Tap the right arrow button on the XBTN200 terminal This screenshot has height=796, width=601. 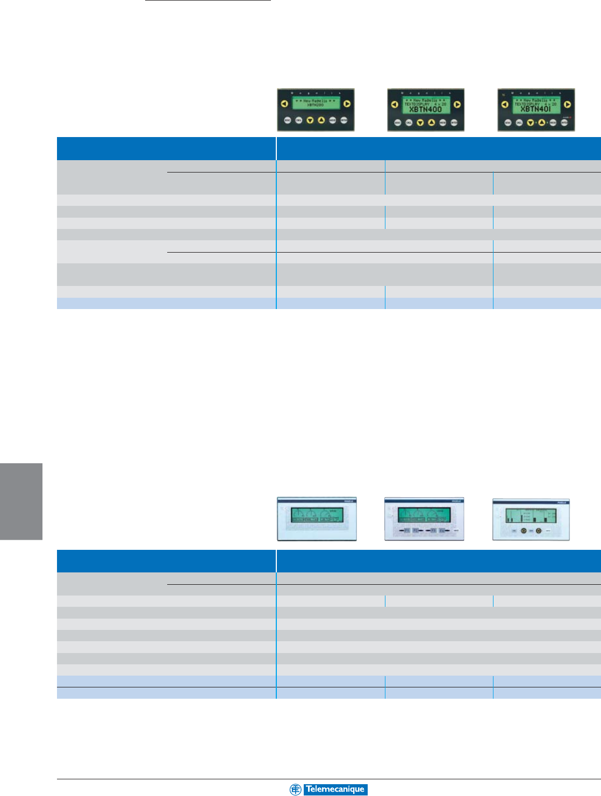click(347, 104)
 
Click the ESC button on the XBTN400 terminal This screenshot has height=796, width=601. click(398, 123)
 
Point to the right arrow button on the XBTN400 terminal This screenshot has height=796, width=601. click(457, 105)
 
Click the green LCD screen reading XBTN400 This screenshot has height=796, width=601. click(426, 105)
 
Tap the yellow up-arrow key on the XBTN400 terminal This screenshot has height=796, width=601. click(431, 123)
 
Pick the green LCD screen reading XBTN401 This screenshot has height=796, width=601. click(535, 105)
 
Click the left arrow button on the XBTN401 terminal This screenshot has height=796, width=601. click(504, 105)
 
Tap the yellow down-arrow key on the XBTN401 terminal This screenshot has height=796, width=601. click(530, 123)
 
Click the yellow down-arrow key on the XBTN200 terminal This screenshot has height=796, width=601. click(310, 120)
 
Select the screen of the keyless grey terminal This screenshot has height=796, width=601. click(316, 515)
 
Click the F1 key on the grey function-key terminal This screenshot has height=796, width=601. click(407, 530)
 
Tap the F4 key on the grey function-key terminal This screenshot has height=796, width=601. click(441, 530)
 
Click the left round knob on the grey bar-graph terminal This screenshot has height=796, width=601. click(523, 530)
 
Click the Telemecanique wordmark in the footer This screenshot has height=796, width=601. click(335, 790)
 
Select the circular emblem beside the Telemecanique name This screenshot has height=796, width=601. click(295, 790)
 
